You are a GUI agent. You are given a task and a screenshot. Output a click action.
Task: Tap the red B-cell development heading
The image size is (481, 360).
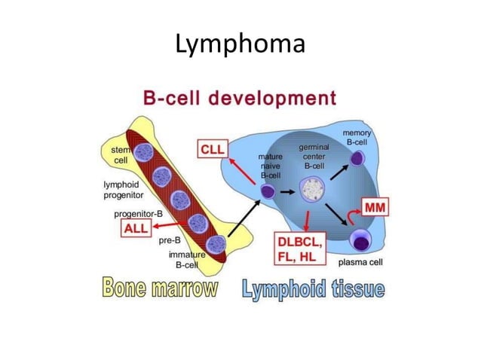[x=240, y=99]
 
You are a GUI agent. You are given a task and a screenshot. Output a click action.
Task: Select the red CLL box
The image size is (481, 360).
[x=213, y=149]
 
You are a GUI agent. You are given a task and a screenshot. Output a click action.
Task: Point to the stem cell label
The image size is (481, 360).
[x=121, y=156]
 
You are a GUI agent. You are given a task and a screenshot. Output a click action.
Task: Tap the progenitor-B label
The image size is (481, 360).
[x=139, y=214]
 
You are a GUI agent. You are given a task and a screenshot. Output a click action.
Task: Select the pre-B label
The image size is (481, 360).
[x=170, y=242]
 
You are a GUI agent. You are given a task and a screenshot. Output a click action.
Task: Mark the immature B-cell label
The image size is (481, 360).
[x=185, y=261]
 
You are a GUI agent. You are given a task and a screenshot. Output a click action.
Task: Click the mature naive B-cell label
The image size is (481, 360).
[x=270, y=165]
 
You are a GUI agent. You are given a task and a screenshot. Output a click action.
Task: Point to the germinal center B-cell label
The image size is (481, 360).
[x=313, y=156]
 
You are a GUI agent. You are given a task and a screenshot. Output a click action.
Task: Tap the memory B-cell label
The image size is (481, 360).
[x=357, y=137]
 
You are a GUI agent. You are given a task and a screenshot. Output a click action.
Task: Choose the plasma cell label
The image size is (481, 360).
[x=361, y=263]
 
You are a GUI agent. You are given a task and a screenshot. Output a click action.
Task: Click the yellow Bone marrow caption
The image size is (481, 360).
[x=160, y=288]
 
